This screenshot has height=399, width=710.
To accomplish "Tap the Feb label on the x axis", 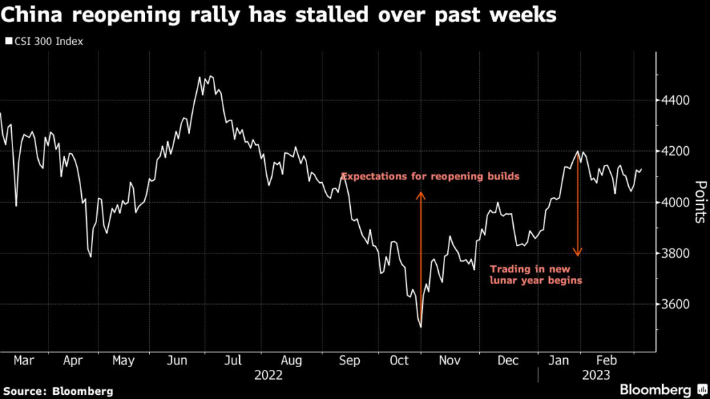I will pos(608,361).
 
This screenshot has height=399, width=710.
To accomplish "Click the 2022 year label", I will pos(269,375).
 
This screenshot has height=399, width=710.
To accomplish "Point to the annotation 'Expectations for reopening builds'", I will pos(430,177).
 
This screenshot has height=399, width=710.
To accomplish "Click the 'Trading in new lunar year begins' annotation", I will pos(535,274).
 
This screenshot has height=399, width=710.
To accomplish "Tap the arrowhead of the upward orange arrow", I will pos(420,195).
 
